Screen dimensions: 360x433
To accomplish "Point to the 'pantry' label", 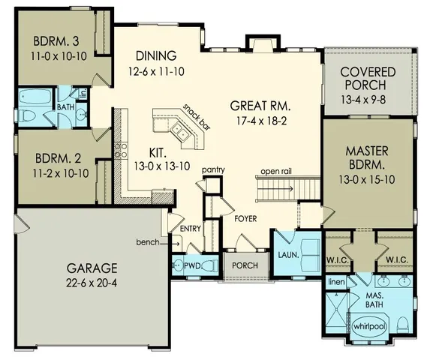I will point(213,171).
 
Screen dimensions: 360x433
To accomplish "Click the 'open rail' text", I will point(276,172).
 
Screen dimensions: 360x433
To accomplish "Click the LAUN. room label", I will point(288,254).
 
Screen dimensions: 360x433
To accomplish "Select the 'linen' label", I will point(336,282).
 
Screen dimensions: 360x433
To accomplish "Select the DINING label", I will point(156,56).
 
